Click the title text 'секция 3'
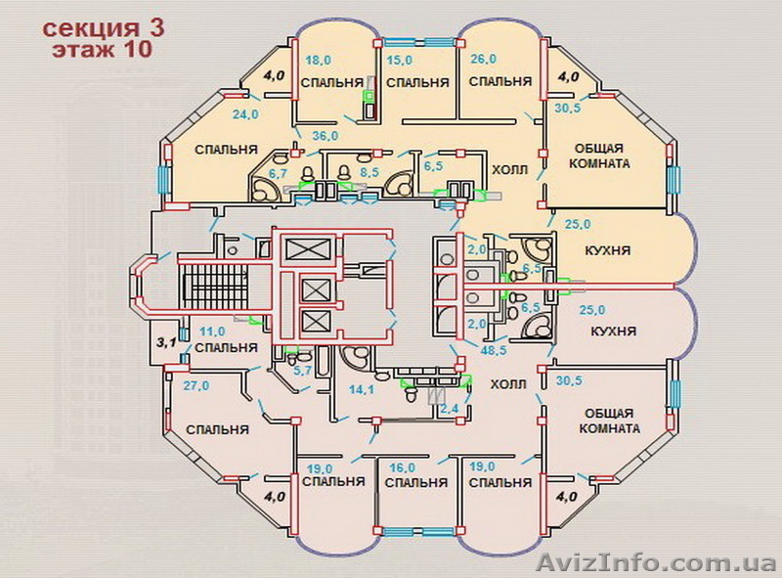click(x=103, y=26)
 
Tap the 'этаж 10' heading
click(x=102, y=51)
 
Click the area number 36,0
click(x=325, y=135)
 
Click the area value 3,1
click(x=167, y=342)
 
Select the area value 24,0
click(x=245, y=113)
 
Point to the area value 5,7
click(x=303, y=370)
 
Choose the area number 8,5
click(x=369, y=172)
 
